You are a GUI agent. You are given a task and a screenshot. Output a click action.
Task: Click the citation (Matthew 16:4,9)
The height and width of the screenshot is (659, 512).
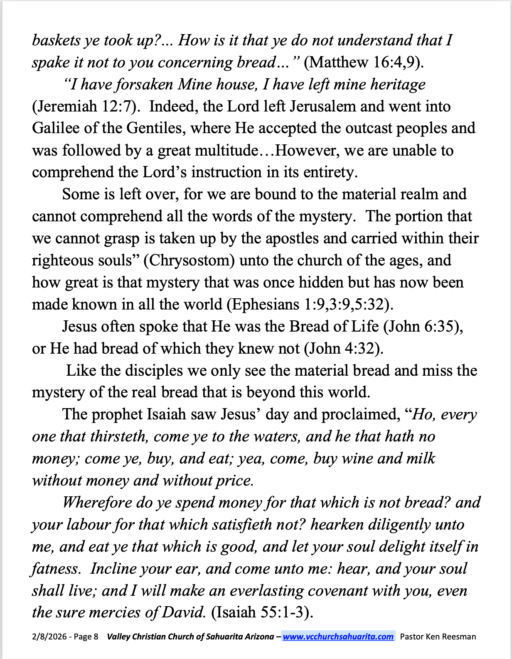pos(364,62)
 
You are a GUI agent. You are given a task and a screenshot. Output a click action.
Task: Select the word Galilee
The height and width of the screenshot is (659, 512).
pos(55,128)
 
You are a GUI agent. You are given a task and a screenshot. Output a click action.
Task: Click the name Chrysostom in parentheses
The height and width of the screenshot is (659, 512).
pos(189,260)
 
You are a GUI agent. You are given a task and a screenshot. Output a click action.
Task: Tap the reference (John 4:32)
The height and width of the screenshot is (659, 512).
pos(344,349)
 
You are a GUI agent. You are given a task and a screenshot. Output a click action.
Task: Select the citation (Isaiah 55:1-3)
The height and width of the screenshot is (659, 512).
pos(262,612)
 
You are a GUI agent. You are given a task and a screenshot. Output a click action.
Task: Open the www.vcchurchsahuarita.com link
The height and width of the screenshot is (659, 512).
pos(338,637)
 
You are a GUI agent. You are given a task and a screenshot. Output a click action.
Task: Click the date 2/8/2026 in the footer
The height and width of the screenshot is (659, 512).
pos(48,637)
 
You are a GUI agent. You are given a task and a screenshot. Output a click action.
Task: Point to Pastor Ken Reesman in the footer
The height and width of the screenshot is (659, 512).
pos(438,637)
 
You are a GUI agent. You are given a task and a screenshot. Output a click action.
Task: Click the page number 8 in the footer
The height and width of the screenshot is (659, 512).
pos(96,637)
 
